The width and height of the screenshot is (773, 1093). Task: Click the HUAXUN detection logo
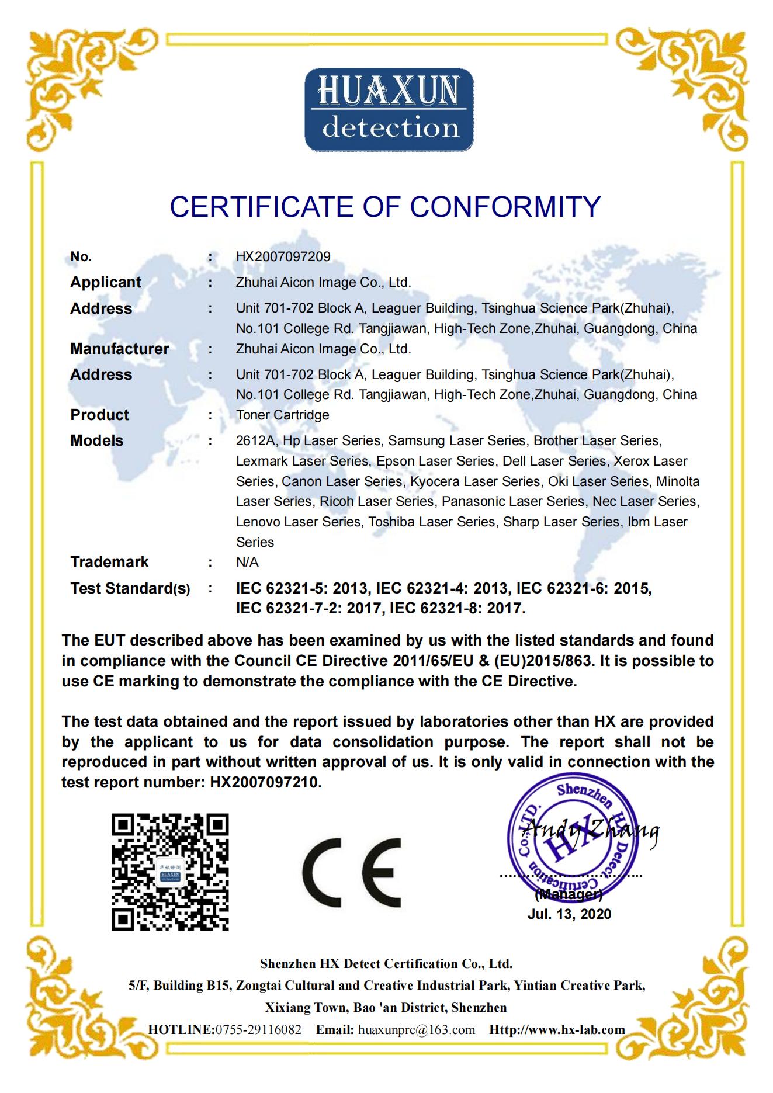tap(389, 110)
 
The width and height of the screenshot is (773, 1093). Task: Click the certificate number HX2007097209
tap(283, 256)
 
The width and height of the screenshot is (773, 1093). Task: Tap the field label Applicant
tap(106, 282)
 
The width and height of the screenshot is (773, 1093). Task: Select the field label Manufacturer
tap(119, 349)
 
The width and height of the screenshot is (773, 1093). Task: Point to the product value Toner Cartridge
tap(282, 415)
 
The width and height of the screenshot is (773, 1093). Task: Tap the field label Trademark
tap(109, 562)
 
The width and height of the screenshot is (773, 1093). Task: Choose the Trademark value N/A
tap(247, 562)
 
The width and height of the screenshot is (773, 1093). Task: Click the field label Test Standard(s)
tap(130, 588)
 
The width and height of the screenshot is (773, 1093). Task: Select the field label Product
tap(99, 415)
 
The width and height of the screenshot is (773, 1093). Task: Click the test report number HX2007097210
tap(265, 782)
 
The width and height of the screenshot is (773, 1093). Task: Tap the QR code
tap(170, 872)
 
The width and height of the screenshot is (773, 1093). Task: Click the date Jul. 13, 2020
tap(569, 914)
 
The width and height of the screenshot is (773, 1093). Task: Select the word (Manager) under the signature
tap(569, 894)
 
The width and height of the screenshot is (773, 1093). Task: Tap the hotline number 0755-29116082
tap(258, 1029)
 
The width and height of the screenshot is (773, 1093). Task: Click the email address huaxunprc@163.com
tap(416, 1029)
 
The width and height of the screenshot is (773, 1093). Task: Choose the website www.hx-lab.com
tap(576, 1029)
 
